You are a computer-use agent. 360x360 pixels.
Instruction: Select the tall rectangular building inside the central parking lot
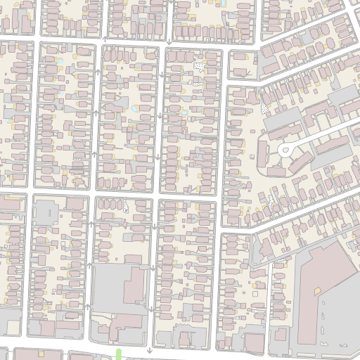point(134,284)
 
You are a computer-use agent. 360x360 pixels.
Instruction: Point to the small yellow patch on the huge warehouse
point(317,290)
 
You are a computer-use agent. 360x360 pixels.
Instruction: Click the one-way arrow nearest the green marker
point(149,349)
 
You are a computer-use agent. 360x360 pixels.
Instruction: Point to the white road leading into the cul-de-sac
point(323,134)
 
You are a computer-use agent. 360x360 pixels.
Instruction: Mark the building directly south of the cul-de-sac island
point(278,169)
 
